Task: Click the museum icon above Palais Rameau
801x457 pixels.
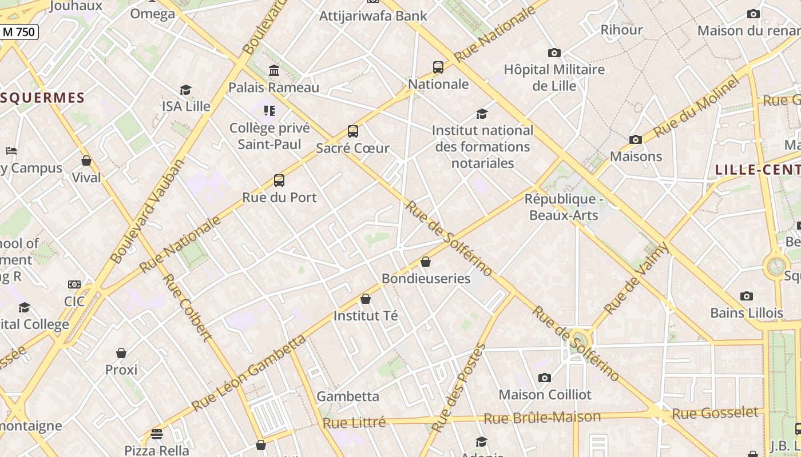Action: click(274, 71)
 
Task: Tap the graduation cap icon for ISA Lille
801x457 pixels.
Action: click(185, 90)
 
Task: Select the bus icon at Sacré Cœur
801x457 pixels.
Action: click(353, 131)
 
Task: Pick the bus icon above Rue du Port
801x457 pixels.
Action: click(279, 181)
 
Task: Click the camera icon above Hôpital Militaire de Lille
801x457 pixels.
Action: click(554, 53)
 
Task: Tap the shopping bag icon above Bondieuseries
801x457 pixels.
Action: click(426, 262)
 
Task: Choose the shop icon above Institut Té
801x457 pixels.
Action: click(366, 299)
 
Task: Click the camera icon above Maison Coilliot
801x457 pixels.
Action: click(545, 378)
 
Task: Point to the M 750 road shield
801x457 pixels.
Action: click(19, 32)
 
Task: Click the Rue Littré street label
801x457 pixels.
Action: click(354, 423)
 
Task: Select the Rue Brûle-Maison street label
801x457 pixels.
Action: click(542, 418)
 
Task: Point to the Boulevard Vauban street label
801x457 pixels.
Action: click(148, 211)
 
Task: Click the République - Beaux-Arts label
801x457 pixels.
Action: click(564, 207)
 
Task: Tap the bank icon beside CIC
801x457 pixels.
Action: click(74, 284)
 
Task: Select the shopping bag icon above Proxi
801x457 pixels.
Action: click(121, 353)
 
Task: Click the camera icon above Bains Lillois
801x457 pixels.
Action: click(746, 296)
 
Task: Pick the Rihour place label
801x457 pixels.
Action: click(621, 30)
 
